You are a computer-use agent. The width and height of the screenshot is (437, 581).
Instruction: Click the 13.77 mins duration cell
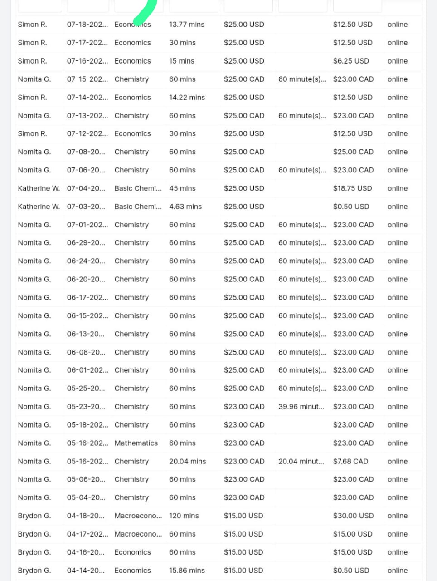pos(186,25)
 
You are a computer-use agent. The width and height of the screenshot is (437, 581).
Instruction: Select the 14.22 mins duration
pos(187,97)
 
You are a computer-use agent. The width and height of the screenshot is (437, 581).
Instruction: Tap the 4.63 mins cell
pos(185,207)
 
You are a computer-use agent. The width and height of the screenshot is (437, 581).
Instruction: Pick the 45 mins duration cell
pos(182,188)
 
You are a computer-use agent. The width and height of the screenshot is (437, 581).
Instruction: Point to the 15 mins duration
pos(181,61)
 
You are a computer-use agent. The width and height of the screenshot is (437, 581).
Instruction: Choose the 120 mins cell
pos(184,516)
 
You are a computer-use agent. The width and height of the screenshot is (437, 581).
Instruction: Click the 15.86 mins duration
pos(187,571)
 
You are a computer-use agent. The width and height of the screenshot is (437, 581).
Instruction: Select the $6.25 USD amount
pos(351,61)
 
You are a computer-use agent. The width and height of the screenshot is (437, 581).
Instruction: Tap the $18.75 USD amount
pos(352,188)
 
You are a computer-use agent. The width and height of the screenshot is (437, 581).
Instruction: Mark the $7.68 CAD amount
pos(350,461)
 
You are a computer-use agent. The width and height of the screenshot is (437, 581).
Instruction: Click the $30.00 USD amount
pos(353,516)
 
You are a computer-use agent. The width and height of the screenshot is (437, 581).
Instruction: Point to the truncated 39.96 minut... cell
pos(301,407)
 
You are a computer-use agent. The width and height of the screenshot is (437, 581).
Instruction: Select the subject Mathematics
pos(136,443)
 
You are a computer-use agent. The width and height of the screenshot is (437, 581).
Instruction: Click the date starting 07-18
pos(87,25)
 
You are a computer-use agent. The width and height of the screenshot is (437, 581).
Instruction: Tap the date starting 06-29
pos(86,243)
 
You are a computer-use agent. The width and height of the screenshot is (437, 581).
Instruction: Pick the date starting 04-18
pos(86,516)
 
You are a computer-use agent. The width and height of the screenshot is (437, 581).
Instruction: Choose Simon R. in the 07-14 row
pos(32,97)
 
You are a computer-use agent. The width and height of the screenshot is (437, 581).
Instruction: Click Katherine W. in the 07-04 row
pos(39,188)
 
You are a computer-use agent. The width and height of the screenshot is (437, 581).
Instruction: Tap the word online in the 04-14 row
pos(398,571)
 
